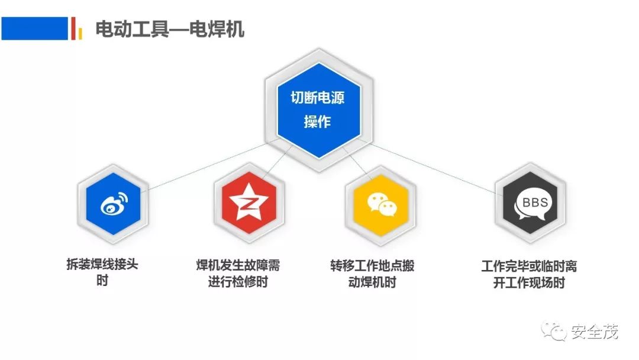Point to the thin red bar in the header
click(73, 28)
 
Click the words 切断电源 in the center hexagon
click(318, 98)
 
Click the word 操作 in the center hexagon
click(318, 122)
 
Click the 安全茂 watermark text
click(595, 332)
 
